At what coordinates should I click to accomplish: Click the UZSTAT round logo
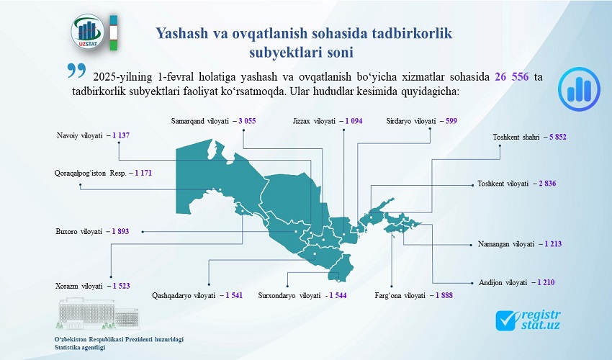(x=87, y=32)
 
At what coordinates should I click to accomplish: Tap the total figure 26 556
(x=512, y=76)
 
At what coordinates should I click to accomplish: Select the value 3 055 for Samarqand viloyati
(x=247, y=121)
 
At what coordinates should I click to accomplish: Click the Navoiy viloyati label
(x=80, y=136)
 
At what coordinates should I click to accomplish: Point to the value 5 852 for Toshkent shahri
(x=558, y=137)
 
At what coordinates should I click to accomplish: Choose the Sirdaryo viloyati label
(x=411, y=121)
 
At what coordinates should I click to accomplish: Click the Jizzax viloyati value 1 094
(x=354, y=121)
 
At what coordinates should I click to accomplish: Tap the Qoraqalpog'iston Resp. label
(x=91, y=173)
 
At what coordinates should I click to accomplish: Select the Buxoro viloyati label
(x=79, y=232)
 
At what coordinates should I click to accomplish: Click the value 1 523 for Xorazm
(x=122, y=287)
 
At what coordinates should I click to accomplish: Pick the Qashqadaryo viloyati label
(x=184, y=296)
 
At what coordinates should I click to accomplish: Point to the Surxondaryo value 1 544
(x=338, y=296)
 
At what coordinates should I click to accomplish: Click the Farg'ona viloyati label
(x=400, y=296)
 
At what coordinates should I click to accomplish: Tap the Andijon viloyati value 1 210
(x=546, y=283)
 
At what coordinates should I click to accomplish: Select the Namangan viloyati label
(x=506, y=244)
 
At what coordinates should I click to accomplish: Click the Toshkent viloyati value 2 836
(x=548, y=184)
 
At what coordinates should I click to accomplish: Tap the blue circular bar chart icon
(x=579, y=89)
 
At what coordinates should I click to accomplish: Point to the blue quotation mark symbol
(x=76, y=71)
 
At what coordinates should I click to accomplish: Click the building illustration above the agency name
(x=99, y=314)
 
